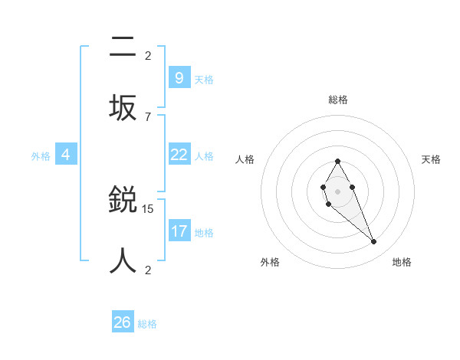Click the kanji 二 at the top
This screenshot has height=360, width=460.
tap(123, 48)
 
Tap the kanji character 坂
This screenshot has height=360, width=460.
tap(123, 108)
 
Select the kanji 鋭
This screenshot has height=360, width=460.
tap(123, 201)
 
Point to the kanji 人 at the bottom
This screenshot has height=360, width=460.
tap(123, 260)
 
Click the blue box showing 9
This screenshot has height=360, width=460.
tap(179, 77)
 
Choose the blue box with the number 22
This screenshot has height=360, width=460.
tap(179, 155)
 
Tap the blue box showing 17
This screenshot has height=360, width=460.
tap(179, 231)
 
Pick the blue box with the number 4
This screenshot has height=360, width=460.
tap(66, 155)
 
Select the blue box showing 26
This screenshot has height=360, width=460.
tap(123, 322)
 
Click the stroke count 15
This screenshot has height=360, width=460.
tap(148, 208)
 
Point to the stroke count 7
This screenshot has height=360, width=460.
tap(148, 116)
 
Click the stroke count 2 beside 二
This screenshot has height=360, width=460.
tap(148, 56)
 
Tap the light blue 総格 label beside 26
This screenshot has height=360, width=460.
tap(148, 324)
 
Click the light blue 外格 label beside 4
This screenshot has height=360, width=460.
tap(41, 156)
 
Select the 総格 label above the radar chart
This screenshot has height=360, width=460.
tap(338, 100)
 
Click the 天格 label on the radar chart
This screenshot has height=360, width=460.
tap(432, 159)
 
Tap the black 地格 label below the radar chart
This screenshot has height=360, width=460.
tap(402, 262)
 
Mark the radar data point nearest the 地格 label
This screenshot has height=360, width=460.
tap(373, 241)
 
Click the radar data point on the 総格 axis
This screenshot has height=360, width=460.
tap(337, 161)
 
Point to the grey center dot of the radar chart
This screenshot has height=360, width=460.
tap(337, 191)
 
